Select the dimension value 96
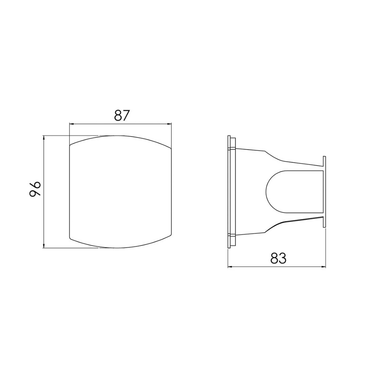[x=35, y=189]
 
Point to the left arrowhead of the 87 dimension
[x=72, y=124]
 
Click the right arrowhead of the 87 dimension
[x=169, y=124]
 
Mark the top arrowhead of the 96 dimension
[x=44, y=138]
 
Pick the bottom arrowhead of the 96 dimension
[x=44, y=246]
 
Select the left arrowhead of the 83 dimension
[x=230, y=267]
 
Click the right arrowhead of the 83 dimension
[x=323, y=267]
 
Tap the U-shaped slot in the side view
[x=266, y=192]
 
